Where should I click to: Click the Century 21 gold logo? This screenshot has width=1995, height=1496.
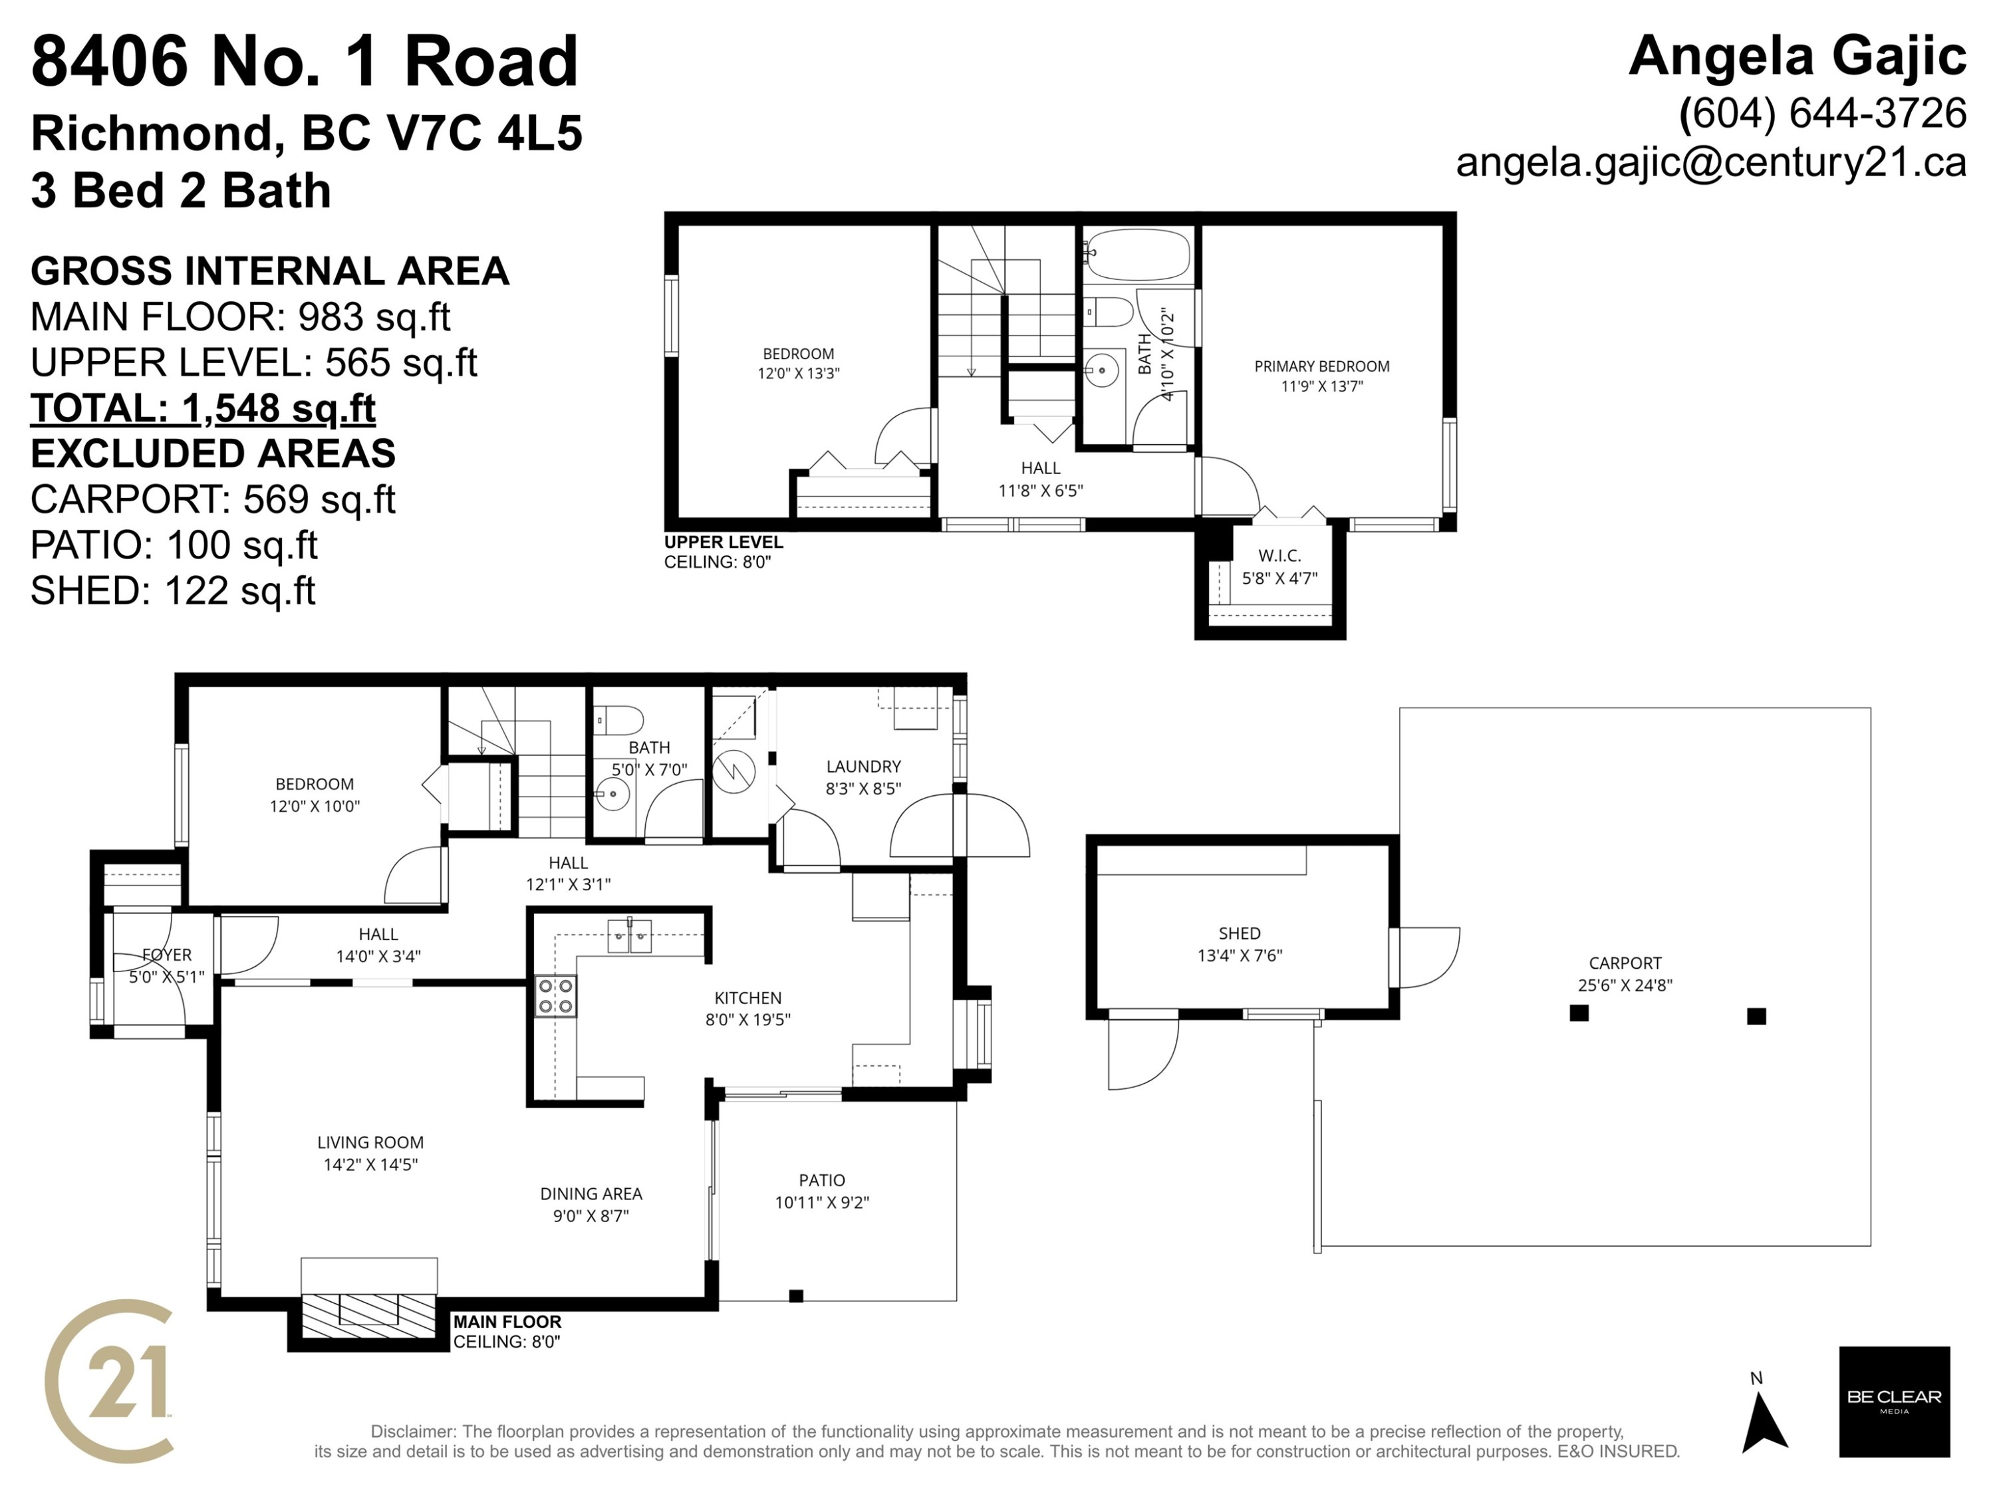pos(108,1380)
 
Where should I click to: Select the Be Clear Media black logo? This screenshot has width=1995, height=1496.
pos(1894,1402)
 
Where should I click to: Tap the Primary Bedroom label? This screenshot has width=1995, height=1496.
pos(1321,366)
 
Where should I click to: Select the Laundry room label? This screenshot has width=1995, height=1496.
pos(863,767)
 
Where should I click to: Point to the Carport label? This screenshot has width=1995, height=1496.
pos(1625,963)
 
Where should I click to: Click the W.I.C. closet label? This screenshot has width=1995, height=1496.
pos(1279,555)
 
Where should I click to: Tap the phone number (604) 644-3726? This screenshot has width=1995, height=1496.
pos(1823,113)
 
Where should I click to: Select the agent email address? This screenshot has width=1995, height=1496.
pos(1711,162)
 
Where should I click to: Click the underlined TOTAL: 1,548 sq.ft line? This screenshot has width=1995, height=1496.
pos(203,408)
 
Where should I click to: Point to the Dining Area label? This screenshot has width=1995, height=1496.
pos(591,1194)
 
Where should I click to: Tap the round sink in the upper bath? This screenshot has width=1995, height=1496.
pos(1101,370)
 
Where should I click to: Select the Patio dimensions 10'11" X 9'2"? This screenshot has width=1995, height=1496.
pos(822,1203)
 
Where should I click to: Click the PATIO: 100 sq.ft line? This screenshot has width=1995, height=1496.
pos(174,546)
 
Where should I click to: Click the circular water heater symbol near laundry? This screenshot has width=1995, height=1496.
pos(734,772)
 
